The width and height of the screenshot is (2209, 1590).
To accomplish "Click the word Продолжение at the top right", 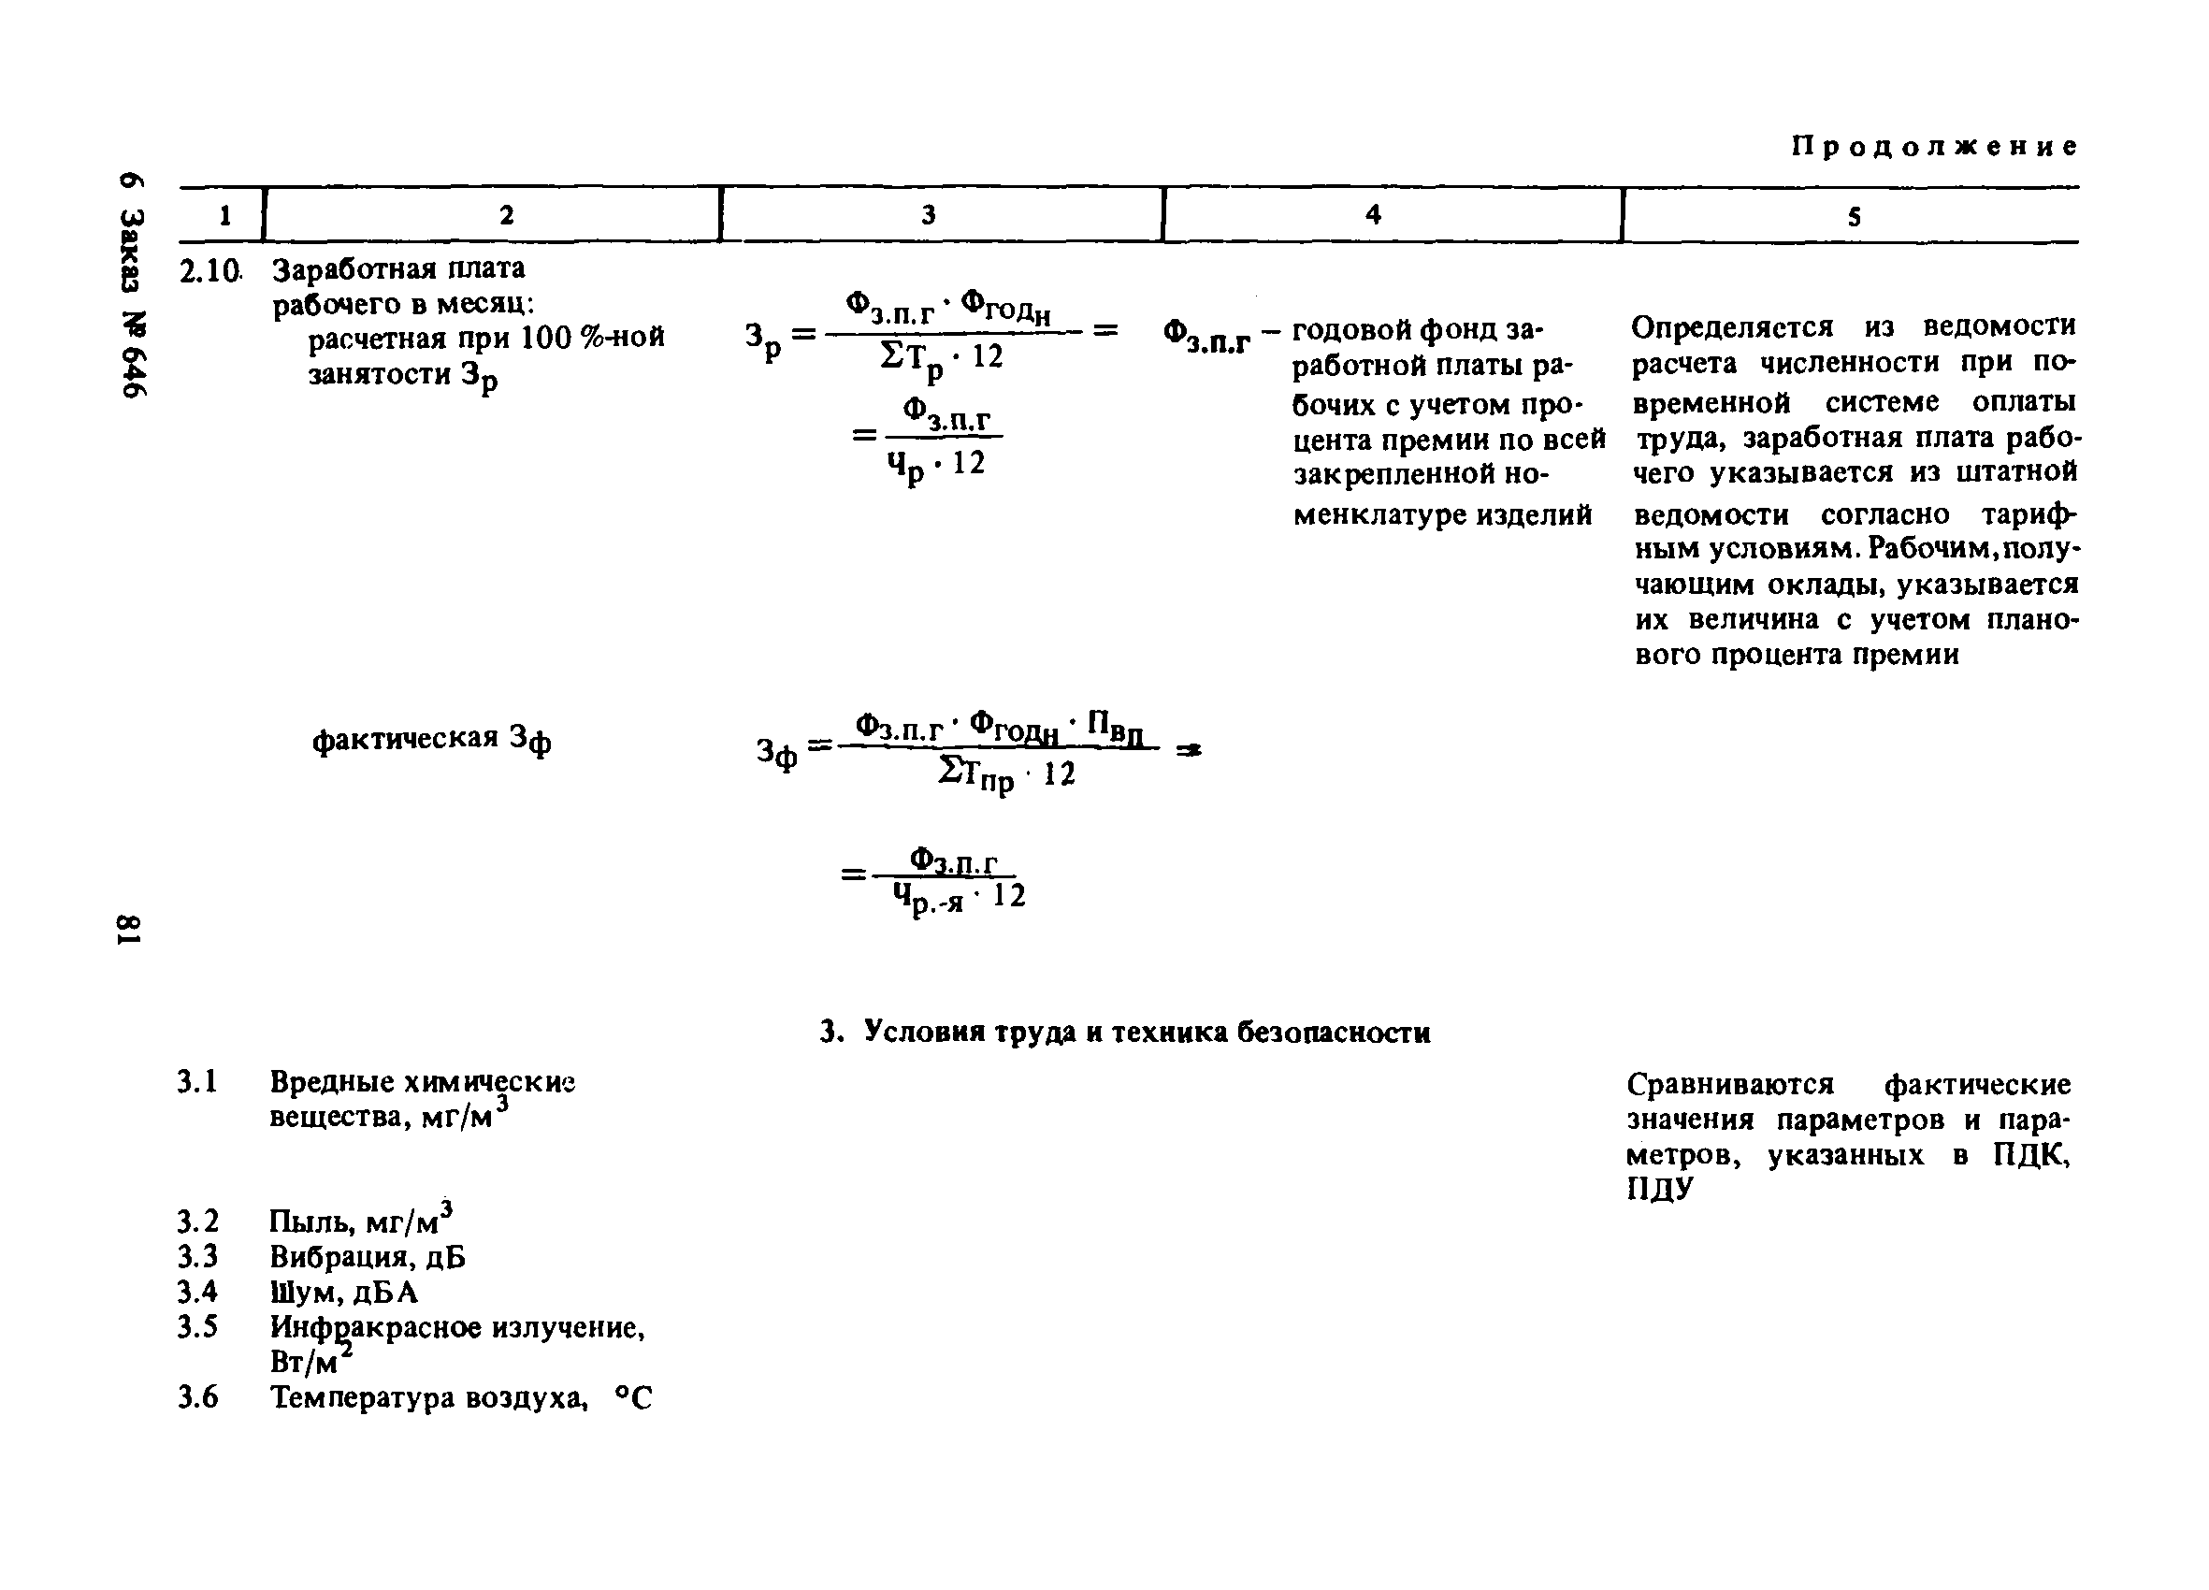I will pyautogui.click(x=1934, y=147).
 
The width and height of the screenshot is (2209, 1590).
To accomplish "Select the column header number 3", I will pyautogui.click(x=928, y=214).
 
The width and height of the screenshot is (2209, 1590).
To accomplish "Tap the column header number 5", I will pyautogui.click(x=1854, y=217).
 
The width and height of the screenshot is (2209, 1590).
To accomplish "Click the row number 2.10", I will pyautogui.click(x=209, y=272).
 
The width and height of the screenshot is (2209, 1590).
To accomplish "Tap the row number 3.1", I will pyautogui.click(x=196, y=1082).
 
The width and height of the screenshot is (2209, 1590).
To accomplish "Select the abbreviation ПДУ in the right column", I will pyautogui.click(x=1661, y=1190).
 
